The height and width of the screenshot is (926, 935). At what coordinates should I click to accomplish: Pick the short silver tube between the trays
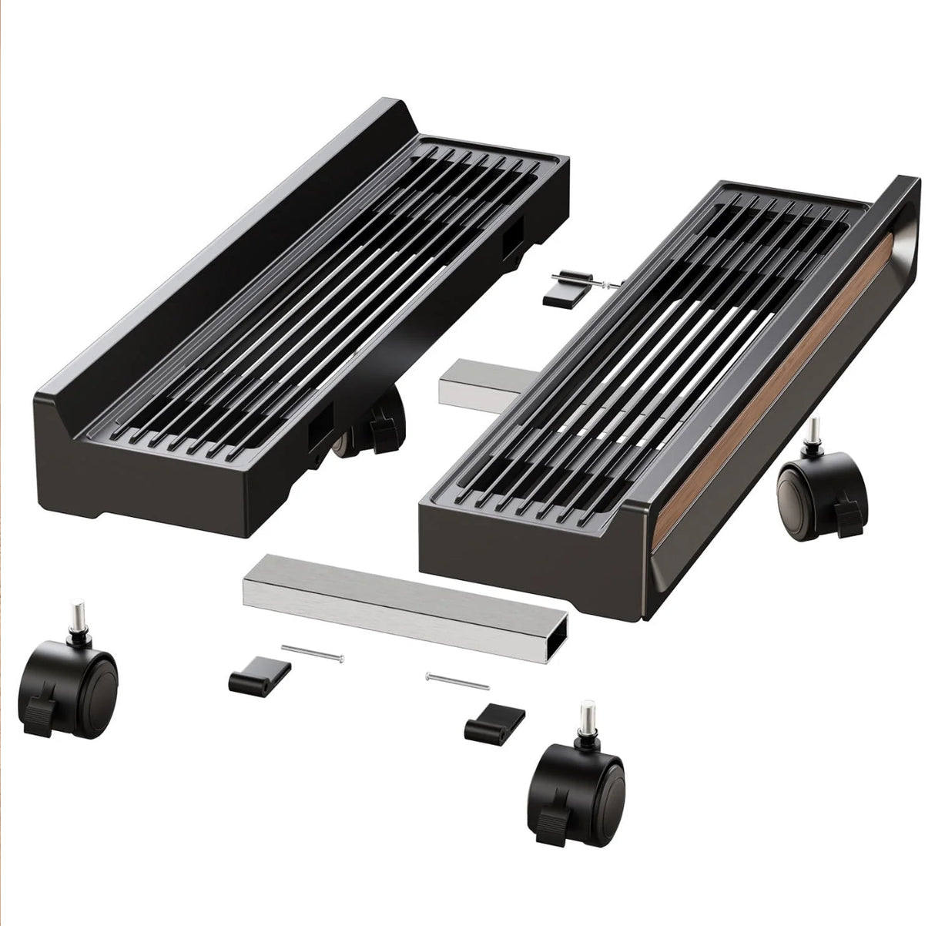[x=469, y=381]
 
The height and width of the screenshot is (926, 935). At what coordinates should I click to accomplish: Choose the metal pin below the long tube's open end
[x=456, y=681]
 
